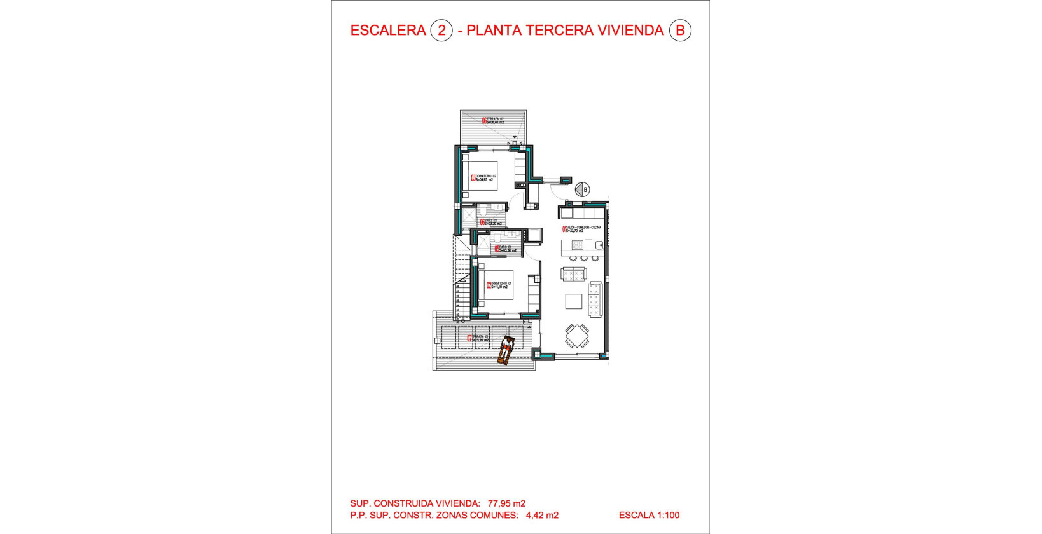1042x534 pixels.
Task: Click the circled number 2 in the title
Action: (x=441, y=31)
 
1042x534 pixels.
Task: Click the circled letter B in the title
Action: (x=680, y=31)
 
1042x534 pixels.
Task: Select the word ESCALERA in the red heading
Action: (x=388, y=31)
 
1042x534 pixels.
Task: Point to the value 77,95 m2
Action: (x=506, y=503)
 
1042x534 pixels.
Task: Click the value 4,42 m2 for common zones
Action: (x=542, y=516)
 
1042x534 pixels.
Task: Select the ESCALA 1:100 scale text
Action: (x=649, y=516)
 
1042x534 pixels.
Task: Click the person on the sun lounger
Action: (x=506, y=349)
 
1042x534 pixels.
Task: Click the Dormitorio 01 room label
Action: (x=499, y=285)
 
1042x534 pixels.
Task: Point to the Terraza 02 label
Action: (x=493, y=121)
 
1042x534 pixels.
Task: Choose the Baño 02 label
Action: (x=491, y=222)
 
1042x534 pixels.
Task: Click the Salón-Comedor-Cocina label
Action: (x=581, y=229)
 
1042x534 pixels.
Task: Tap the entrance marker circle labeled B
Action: (x=582, y=189)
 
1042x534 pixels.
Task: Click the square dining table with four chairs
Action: (x=577, y=336)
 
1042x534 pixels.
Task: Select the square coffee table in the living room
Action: (x=574, y=301)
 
